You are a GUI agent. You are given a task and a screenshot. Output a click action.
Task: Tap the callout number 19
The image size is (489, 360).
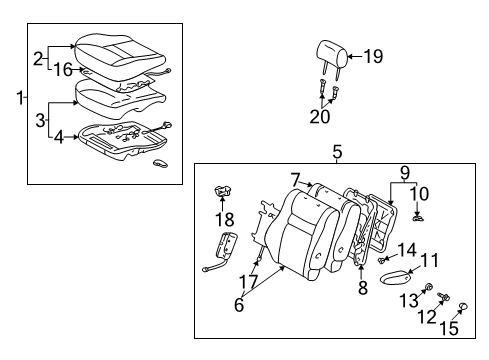pos(372,57)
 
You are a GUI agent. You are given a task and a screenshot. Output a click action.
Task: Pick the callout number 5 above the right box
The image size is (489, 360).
pos(337,152)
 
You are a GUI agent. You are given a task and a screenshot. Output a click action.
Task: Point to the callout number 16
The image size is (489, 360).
pos(62,70)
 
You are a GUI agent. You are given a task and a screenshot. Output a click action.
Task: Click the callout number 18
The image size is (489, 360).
pos(225,219)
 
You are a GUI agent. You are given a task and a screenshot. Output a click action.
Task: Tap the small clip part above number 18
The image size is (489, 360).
pos(224,193)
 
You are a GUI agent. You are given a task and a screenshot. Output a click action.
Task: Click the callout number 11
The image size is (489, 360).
pos(429,262)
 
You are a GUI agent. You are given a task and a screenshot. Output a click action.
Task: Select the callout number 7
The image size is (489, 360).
pos(296,179)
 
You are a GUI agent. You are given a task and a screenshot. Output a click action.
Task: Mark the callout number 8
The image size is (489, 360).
pos(363,286)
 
